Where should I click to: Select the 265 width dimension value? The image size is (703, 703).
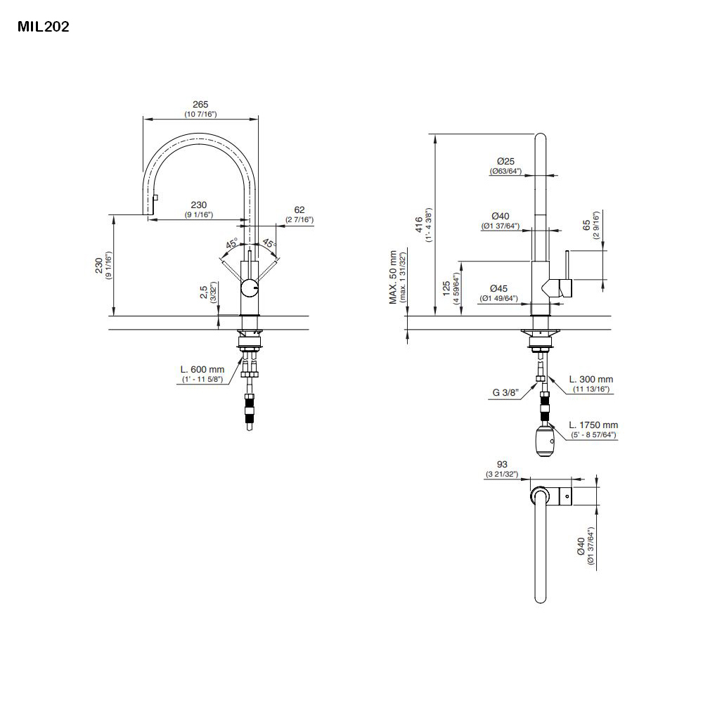pyautogui.click(x=200, y=105)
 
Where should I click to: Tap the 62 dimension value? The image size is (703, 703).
pyautogui.click(x=299, y=209)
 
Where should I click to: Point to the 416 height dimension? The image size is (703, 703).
pyautogui.click(x=419, y=224)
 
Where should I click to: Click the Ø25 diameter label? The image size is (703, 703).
pyautogui.click(x=505, y=161)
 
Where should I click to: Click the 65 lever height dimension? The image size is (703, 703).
pyautogui.click(x=586, y=226)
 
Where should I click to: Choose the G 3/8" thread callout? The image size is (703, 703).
pyautogui.click(x=506, y=394)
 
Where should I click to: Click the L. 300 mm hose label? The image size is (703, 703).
pyautogui.click(x=591, y=380)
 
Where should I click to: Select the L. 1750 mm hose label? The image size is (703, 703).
pyautogui.click(x=593, y=425)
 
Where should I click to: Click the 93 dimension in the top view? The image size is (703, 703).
pyautogui.click(x=501, y=465)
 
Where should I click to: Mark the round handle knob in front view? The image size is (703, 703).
pyautogui.click(x=250, y=288)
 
